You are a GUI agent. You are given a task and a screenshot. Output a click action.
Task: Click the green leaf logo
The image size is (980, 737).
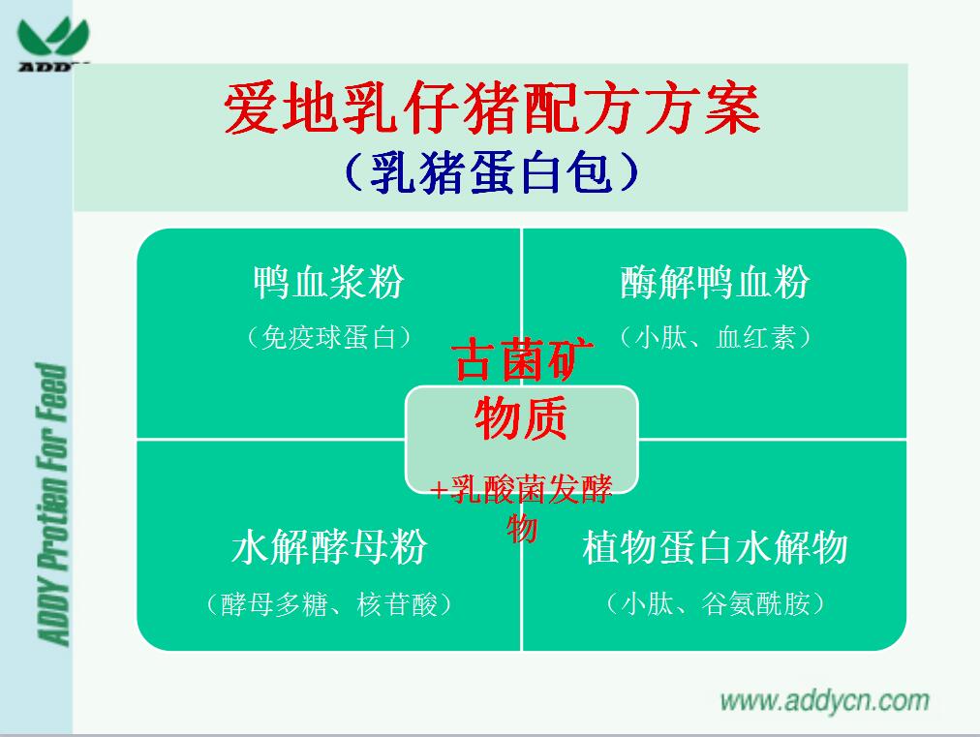click(x=53, y=38)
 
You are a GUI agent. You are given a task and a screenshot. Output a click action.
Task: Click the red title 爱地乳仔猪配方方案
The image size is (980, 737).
click(x=492, y=109)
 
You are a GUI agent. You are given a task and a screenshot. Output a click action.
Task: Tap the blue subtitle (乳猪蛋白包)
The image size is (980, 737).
click(x=492, y=172)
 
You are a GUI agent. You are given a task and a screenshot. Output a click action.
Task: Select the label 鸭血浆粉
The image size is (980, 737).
click(x=328, y=282)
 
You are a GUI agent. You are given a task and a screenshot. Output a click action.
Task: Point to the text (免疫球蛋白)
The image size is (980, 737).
click(x=328, y=338)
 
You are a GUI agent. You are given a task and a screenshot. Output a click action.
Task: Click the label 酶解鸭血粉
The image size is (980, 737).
click(x=715, y=282)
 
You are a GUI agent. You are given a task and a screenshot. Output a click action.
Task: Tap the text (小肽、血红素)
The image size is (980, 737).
click(x=715, y=338)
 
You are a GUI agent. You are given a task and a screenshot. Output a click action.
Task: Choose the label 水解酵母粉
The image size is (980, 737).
click(x=328, y=547)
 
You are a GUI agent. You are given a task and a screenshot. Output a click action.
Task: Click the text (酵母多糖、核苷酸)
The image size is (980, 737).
click(x=328, y=604)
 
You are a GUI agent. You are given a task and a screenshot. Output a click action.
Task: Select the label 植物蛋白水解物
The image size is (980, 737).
click(x=715, y=547)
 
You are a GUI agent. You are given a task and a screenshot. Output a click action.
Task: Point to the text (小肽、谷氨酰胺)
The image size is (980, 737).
click(x=715, y=604)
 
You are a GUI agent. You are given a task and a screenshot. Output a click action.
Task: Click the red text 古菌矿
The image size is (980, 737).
click(x=523, y=359)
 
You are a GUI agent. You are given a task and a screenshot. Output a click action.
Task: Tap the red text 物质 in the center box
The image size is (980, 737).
click(x=521, y=417)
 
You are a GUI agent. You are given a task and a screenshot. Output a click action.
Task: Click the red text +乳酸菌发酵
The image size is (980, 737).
click(x=521, y=489)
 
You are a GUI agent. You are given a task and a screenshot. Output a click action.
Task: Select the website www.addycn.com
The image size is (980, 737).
click(x=825, y=701)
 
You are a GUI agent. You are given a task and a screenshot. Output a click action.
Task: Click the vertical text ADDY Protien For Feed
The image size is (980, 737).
click(x=52, y=504)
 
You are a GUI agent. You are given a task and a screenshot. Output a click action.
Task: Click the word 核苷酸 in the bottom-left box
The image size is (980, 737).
click(x=397, y=604)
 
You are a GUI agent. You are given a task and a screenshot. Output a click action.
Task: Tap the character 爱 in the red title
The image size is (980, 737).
click(x=252, y=109)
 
